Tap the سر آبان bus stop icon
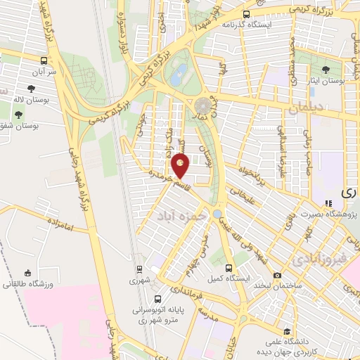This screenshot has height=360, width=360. tap(44, 60)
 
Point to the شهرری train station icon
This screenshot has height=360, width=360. tap(139, 269)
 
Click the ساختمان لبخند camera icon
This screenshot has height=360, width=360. tap(278, 274)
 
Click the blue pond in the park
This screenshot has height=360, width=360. tap(180, 72)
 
